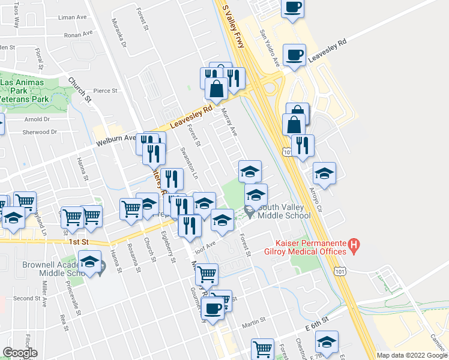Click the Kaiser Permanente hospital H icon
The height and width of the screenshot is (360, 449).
[x=354, y=245]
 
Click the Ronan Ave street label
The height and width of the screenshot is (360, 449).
[x=79, y=34]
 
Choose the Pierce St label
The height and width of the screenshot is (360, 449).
[x=105, y=91]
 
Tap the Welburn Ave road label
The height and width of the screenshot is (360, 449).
[x=118, y=140]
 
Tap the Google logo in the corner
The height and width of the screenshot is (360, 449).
[x=20, y=353]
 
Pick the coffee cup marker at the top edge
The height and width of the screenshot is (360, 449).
[x=292, y=7]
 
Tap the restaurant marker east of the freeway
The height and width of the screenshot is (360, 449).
[x=303, y=145]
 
